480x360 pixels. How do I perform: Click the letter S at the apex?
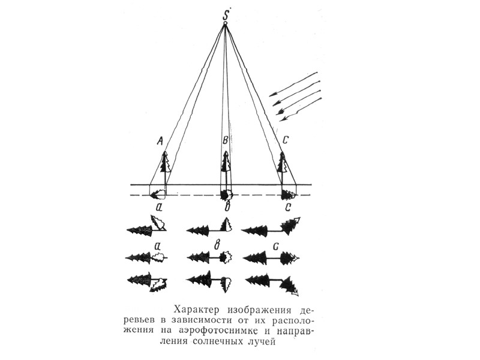pyautogui.click(x=225, y=13)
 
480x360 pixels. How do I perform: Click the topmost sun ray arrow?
pyautogui.click(x=294, y=84)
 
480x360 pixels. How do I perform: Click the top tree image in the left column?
pyautogui.click(x=146, y=227)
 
